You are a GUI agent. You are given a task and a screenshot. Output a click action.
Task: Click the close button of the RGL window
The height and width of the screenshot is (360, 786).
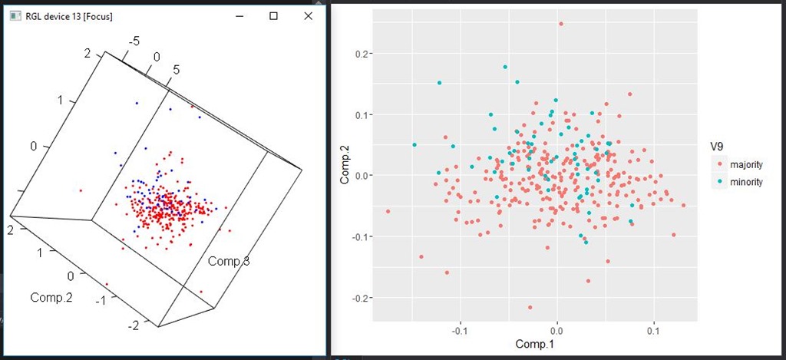pos(309,15)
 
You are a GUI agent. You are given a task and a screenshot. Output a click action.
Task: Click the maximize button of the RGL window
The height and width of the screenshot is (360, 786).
pos(274,15)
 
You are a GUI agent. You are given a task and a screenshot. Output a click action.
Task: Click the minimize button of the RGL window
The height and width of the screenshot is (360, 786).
pos(239,15)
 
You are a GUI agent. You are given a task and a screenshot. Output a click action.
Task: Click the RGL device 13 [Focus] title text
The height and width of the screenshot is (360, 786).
pos(69,16)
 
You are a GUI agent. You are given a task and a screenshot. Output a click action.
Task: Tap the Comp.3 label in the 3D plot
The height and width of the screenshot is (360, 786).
pos(229,262)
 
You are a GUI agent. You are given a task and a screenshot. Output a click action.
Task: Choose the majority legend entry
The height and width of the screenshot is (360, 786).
pos(745,164)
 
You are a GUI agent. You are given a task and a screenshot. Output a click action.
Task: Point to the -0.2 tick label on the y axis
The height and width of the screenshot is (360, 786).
pos(358,298)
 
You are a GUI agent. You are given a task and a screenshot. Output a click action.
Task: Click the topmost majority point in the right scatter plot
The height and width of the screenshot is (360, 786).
pos(561,24)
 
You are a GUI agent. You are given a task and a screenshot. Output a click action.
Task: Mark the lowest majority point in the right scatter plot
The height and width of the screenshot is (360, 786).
pos(530,308)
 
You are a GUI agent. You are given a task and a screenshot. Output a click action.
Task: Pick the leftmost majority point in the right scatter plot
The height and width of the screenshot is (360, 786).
pos(388,211)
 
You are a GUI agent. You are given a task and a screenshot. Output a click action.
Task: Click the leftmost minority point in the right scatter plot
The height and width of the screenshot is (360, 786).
pos(414,145)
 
